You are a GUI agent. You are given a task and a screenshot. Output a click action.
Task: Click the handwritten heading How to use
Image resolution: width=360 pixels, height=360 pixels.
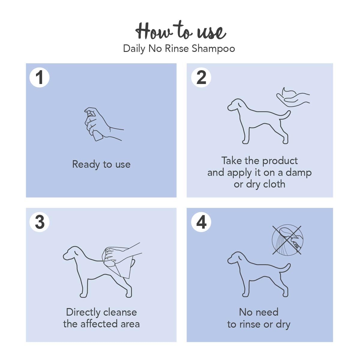click(x=181, y=31)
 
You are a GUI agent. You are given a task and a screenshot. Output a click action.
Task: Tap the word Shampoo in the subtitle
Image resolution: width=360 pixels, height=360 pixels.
click(x=213, y=49)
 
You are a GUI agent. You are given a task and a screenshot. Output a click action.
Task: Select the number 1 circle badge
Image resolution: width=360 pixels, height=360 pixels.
click(x=39, y=77)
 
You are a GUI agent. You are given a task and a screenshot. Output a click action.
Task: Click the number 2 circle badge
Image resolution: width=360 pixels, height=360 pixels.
click(x=201, y=77)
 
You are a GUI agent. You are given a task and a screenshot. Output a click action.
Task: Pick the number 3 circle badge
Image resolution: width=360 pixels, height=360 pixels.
click(x=39, y=222)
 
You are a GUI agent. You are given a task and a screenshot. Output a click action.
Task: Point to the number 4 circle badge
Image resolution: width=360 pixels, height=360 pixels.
click(x=201, y=222)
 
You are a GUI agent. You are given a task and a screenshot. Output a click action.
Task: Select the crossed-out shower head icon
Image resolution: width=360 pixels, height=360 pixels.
click(x=287, y=240)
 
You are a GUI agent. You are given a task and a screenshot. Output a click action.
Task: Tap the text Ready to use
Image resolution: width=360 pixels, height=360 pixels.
click(x=101, y=165)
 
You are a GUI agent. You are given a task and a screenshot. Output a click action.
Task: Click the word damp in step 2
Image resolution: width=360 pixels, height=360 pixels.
click(x=298, y=172)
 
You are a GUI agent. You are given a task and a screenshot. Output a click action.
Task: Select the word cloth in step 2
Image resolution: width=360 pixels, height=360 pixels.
click(x=274, y=184)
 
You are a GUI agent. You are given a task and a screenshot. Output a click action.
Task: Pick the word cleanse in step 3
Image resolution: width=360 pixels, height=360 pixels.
click(x=120, y=312)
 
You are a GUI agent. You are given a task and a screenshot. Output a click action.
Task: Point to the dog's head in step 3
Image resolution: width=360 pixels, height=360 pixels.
click(x=72, y=253)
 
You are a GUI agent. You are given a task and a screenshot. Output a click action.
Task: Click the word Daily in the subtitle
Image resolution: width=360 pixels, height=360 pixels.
click(x=134, y=49)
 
